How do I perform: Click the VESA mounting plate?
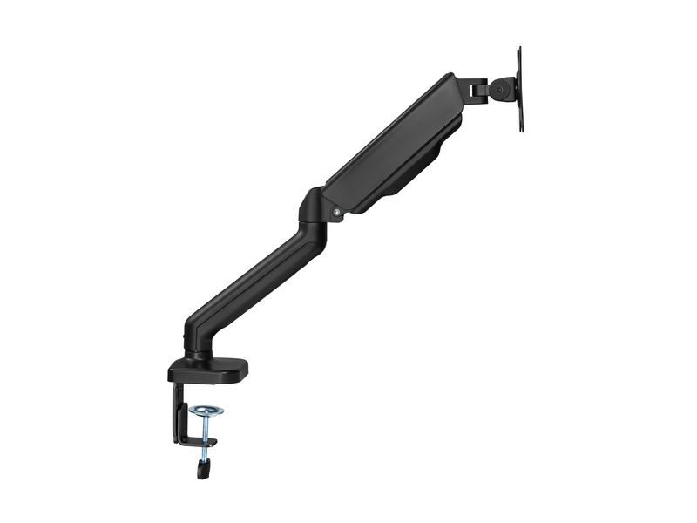[x=519, y=90]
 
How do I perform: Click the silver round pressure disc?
[x=206, y=409]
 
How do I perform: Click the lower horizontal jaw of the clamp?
[x=197, y=441]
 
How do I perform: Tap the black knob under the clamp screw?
[x=206, y=470]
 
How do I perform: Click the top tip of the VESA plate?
[x=520, y=49]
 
